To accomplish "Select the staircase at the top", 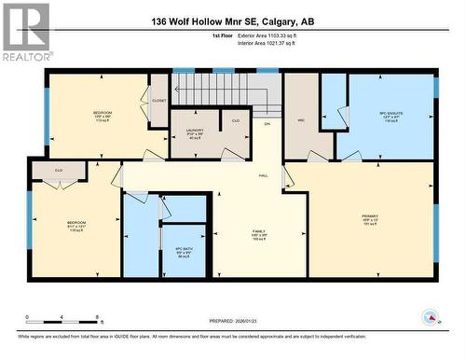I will pos(227,90).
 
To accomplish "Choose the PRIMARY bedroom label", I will pos(371,220).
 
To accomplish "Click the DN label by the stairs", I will pos(267,124).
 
